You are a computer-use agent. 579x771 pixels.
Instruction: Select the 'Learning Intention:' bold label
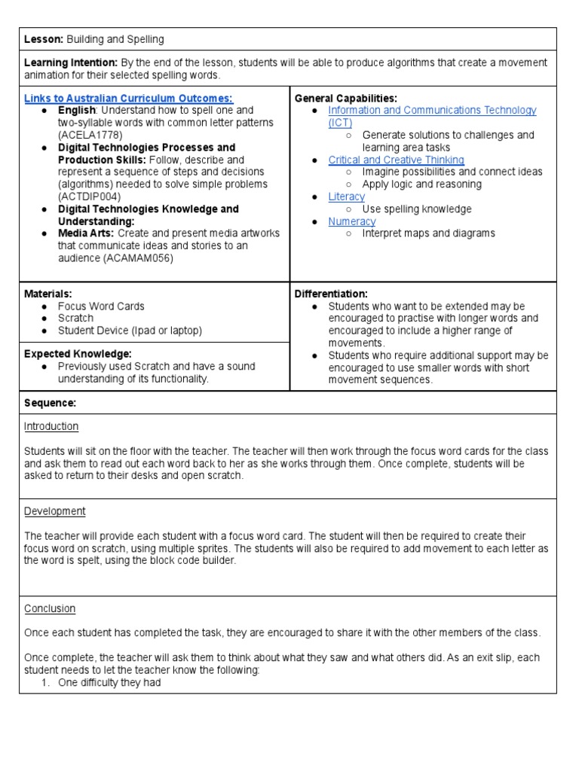(x=71, y=62)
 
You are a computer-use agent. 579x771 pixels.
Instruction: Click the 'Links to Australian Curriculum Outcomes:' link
(x=129, y=99)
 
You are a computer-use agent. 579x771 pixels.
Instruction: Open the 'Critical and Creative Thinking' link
(x=396, y=160)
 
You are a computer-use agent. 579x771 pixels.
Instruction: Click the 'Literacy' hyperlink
(x=346, y=197)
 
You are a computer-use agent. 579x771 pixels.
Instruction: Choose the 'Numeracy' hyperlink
(x=351, y=221)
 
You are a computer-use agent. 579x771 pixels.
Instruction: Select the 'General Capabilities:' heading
(x=345, y=99)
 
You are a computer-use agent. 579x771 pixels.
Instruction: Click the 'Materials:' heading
(x=48, y=294)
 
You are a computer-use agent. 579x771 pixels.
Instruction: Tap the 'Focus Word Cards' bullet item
(x=101, y=306)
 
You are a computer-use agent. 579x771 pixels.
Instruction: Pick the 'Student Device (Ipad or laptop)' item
(x=130, y=331)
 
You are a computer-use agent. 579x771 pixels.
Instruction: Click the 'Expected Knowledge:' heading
(x=78, y=354)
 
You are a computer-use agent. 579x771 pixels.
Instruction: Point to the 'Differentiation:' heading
(x=331, y=294)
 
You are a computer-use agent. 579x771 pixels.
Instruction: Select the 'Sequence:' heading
(x=50, y=404)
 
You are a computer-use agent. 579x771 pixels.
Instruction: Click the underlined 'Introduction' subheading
(x=51, y=427)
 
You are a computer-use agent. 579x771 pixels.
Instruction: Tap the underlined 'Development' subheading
(x=54, y=511)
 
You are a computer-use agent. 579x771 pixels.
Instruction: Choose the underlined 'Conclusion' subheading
(x=50, y=608)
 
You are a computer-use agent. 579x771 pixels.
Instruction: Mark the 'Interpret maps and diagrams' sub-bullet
(x=428, y=233)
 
